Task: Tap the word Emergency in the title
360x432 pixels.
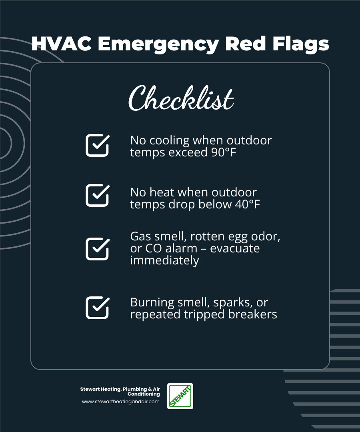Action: (x=158, y=44)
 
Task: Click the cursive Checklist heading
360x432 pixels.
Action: (x=181, y=98)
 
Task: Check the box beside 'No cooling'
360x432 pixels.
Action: (x=98, y=145)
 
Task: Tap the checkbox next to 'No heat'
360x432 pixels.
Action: (x=98, y=195)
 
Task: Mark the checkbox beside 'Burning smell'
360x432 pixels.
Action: (x=98, y=308)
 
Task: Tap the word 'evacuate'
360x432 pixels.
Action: (x=235, y=248)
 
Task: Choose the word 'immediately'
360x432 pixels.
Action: (x=164, y=260)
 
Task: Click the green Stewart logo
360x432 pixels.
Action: (x=180, y=396)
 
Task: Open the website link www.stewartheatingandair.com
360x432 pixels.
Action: (x=121, y=402)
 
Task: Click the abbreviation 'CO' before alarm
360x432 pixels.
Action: (x=152, y=248)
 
